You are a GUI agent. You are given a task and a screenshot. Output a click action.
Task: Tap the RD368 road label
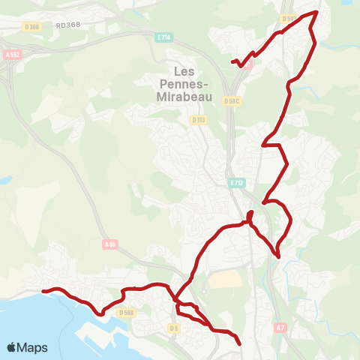click(68, 25)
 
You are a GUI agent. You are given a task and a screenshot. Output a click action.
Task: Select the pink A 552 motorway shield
click(11, 55)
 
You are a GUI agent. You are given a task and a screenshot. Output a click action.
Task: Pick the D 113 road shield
click(198, 119)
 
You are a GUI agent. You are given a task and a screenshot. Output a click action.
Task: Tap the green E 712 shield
click(237, 183)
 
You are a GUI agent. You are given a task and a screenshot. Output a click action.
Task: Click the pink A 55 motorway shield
click(111, 244)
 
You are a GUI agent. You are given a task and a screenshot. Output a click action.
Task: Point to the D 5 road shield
click(174, 328)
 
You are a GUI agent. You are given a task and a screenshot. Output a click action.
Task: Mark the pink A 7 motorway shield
click(280, 327)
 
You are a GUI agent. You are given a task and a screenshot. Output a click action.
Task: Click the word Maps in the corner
click(34, 347)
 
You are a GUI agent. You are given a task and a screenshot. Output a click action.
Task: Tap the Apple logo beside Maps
click(12, 347)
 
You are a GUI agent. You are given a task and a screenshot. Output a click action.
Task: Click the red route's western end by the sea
click(43, 290)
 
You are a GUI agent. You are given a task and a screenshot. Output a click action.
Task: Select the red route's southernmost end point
click(240, 344)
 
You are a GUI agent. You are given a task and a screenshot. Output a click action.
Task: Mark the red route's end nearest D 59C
click(232, 61)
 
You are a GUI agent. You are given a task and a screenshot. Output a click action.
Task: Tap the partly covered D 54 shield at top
click(287, 17)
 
